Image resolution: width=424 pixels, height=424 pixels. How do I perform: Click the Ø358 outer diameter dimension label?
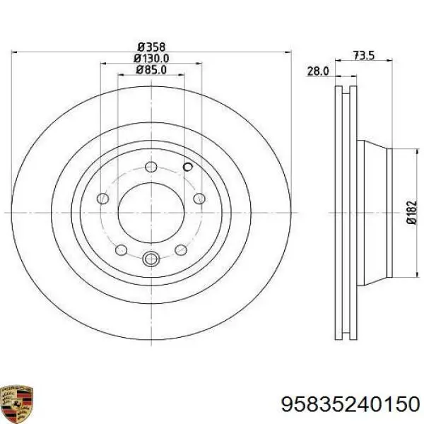pos(151,47)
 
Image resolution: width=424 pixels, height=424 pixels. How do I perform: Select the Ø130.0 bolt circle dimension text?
pos(151,59)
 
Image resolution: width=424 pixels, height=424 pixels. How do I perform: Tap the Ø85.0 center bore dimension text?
pos(151,70)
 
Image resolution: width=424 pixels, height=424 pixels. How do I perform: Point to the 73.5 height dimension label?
pos(364,56)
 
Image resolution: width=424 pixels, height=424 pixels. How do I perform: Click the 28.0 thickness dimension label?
pos(318,71)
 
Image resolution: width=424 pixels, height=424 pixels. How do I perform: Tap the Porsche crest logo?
pos(17,404)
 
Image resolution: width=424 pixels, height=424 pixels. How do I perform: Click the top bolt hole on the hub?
pos(151,167)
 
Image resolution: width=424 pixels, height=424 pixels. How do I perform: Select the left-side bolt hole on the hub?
pos(102,199)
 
